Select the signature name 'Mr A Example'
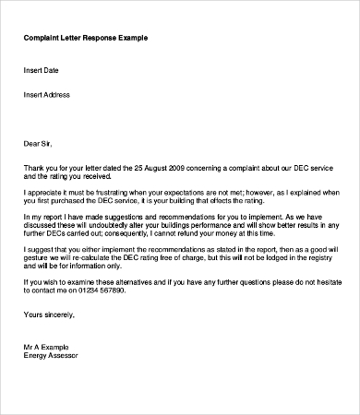coord(49,346)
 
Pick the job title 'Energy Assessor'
coord(52,354)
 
